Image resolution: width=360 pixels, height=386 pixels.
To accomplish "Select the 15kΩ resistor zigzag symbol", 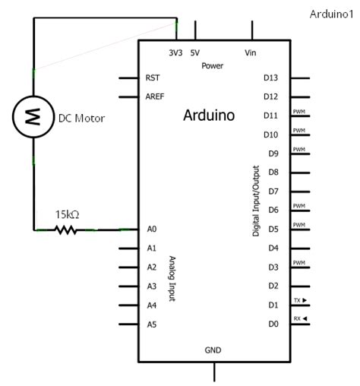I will pyautogui.click(x=66, y=229).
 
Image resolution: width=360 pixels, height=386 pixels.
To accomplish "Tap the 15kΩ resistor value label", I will pyautogui.click(x=66, y=214).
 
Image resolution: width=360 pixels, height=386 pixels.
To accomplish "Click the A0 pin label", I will pyautogui.click(x=152, y=229).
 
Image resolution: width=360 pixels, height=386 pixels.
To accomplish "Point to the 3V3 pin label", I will pyautogui.click(x=176, y=52).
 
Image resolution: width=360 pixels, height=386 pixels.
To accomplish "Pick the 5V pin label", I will pyautogui.click(x=195, y=52).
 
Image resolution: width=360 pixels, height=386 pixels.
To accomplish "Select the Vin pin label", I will pyautogui.click(x=251, y=52).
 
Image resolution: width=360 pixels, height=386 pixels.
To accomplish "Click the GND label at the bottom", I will pyautogui.click(x=213, y=350).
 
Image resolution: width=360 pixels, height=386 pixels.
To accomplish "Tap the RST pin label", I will pyautogui.click(x=152, y=78).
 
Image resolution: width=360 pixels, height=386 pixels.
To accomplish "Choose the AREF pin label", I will pyautogui.click(x=155, y=96).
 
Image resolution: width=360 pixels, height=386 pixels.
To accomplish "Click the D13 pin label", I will pyautogui.click(x=271, y=78).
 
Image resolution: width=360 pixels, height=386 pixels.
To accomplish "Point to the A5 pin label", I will pyautogui.click(x=152, y=324).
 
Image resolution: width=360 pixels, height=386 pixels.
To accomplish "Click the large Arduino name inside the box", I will pyautogui.click(x=209, y=116).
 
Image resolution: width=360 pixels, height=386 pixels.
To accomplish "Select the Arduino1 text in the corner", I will pyautogui.click(x=332, y=14).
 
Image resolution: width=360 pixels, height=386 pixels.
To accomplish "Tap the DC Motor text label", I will pyautogui.click(x=81, y=119).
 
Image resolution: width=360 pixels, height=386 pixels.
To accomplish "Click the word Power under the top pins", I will pyautogui.click(x=213, y=66).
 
